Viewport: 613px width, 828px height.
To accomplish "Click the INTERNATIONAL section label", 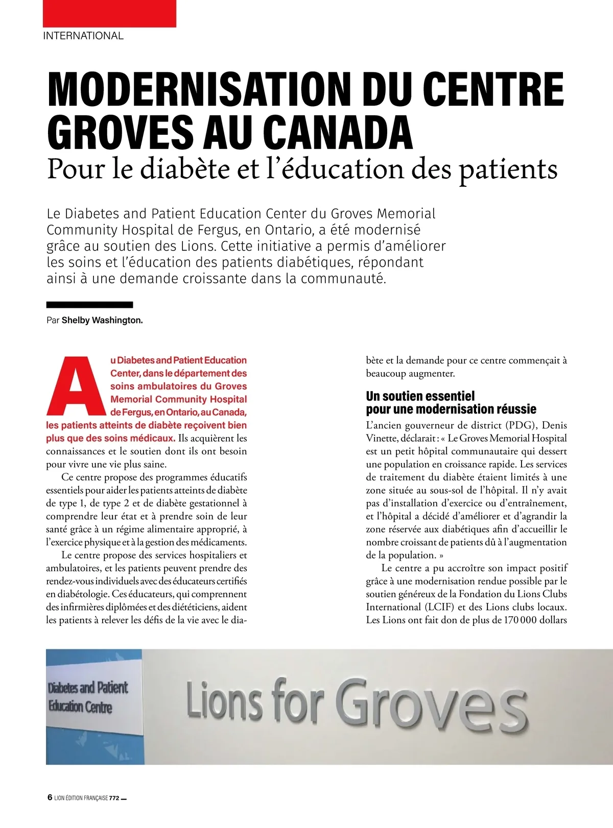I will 83,36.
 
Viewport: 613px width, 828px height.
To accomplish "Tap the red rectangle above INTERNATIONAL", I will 109,13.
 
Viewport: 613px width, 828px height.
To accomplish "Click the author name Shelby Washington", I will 102,321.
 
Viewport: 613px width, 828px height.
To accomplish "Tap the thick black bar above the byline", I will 89,305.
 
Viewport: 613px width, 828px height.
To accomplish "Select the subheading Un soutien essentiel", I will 420,396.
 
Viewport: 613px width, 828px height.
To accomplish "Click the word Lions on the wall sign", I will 225,699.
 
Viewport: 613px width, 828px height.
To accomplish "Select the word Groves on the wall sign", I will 432,704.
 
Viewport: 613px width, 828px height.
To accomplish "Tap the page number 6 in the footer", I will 50,797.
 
